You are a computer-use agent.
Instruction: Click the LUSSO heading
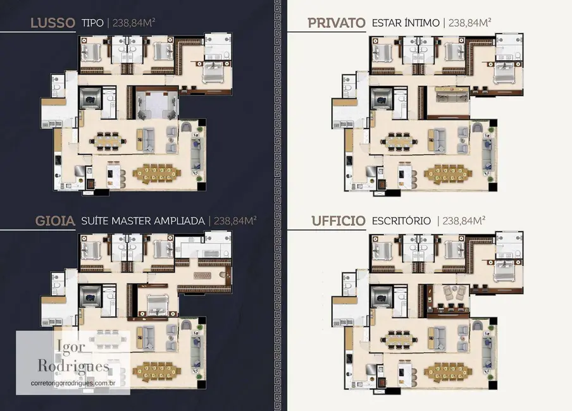pyautogui.click(x=53, y=24)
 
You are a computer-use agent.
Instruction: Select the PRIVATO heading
pyautogui.click(x=336, y=23)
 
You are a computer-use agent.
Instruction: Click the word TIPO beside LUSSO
pyautogui.click(x=94, y=24)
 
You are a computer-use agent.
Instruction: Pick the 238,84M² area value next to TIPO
pyautogui.click(x=135, y=24)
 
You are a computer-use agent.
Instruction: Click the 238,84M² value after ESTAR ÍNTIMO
pyautogui.click(x=470, y=24)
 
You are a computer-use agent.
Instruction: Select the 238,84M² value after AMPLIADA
pyautogui.click(x=234, y=221)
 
